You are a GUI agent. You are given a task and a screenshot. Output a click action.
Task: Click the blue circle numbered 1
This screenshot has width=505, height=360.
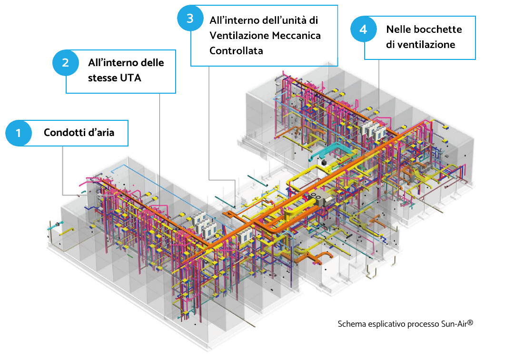point(18,133)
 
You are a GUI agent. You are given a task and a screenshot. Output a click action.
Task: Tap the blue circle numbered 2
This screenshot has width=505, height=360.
point(64,63)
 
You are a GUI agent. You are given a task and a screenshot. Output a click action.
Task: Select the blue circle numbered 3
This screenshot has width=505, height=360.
point(189,19)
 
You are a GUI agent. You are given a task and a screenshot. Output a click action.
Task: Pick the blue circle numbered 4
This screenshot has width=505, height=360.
point(363,29)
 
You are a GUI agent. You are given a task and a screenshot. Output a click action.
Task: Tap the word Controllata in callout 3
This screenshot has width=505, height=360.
point(236,50)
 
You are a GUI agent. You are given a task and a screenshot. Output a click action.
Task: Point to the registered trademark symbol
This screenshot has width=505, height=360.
point(470,322)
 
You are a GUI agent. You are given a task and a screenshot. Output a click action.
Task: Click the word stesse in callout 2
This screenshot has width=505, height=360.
point(101,77)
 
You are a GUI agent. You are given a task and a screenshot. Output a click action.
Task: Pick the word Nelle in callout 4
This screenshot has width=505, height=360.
point(399,29)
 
